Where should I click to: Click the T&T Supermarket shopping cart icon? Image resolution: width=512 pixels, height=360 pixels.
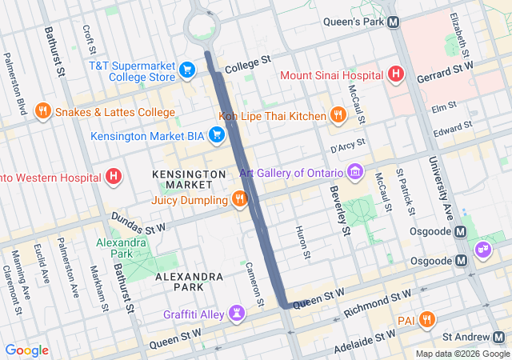point(187,70)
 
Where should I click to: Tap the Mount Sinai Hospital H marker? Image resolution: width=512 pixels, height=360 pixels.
point(394,75)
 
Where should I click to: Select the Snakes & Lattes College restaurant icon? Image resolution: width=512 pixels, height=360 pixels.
point(43,112)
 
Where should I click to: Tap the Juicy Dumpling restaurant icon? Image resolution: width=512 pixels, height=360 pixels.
point(238,198)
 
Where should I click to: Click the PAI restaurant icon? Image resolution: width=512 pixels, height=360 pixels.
point(427,319)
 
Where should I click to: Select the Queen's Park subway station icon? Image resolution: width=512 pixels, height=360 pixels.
point(394,22)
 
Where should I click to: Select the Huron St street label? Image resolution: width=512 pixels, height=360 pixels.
point(305,243)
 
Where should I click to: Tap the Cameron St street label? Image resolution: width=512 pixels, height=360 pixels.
point(254,284)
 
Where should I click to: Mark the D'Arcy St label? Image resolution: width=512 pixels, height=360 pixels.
point(347,146)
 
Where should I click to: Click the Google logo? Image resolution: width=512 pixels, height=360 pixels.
point(26,350)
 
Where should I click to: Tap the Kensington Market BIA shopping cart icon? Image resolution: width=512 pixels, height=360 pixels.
point(215,135)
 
